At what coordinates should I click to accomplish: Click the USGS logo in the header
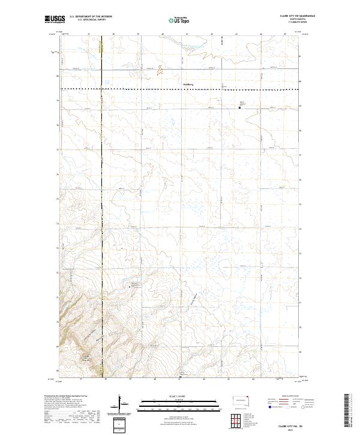(x=55, y=19)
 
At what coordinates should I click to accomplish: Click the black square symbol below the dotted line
(x=240, y=108)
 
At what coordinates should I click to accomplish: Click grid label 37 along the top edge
(x=89, y=34)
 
